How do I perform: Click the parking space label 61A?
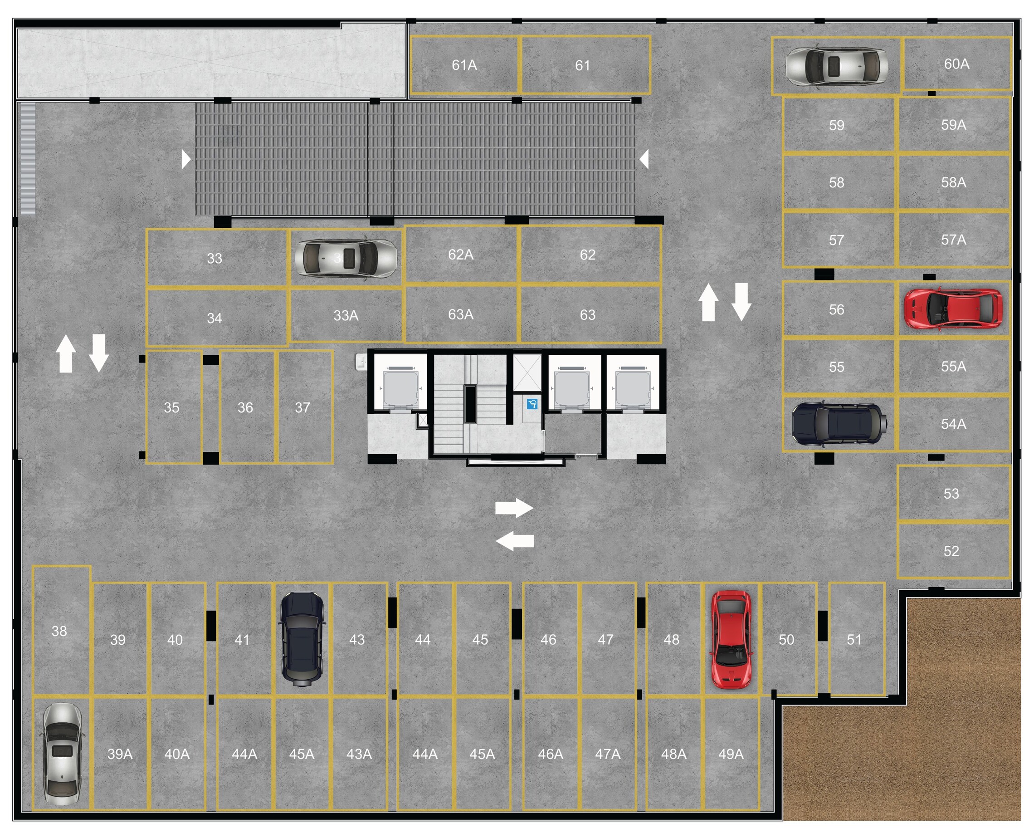click(x=464, y=65)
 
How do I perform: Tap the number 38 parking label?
click(x=59, y=631)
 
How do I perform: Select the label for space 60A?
click(x=956, y=64)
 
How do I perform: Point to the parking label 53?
click(x=951, y=494)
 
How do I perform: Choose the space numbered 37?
click(x=302, y=407)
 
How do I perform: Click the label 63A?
click(x=460, y=314)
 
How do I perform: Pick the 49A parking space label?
click(x=731, y=754)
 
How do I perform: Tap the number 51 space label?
click(x=854, y=639)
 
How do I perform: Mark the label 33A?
click(x=345, y=315)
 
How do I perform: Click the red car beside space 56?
click(x=952, y=309)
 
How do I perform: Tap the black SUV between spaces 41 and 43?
click(x=302, y=637)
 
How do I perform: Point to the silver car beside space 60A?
click(x=836, y=66)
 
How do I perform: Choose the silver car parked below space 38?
click(x=61, y=755)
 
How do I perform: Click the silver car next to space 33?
click(x=345, y=258)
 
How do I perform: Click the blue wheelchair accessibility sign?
click(x=532, y=404)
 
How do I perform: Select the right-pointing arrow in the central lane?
click(x=514, y=508)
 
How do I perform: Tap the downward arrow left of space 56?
click(x=741, y=302)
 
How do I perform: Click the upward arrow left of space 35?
click(x=66, y=353)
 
